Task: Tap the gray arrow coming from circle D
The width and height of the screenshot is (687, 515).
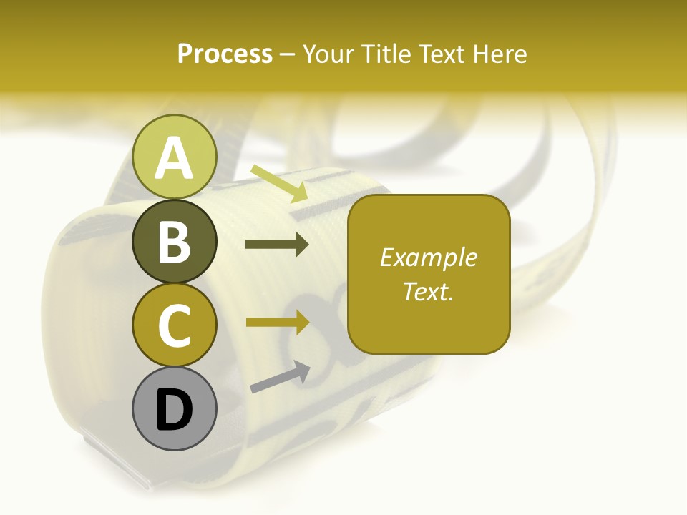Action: (280, 376)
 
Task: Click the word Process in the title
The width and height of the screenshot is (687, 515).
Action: (225, 54)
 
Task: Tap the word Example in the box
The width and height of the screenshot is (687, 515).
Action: (428, 257)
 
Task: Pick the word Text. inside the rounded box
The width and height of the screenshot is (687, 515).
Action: (428, 292)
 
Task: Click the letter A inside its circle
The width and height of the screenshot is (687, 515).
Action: (174, 158)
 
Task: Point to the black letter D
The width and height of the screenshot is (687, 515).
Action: (174, 410)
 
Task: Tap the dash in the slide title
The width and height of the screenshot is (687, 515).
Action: (288, 54)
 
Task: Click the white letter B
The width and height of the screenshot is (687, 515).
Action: (174, 242)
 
